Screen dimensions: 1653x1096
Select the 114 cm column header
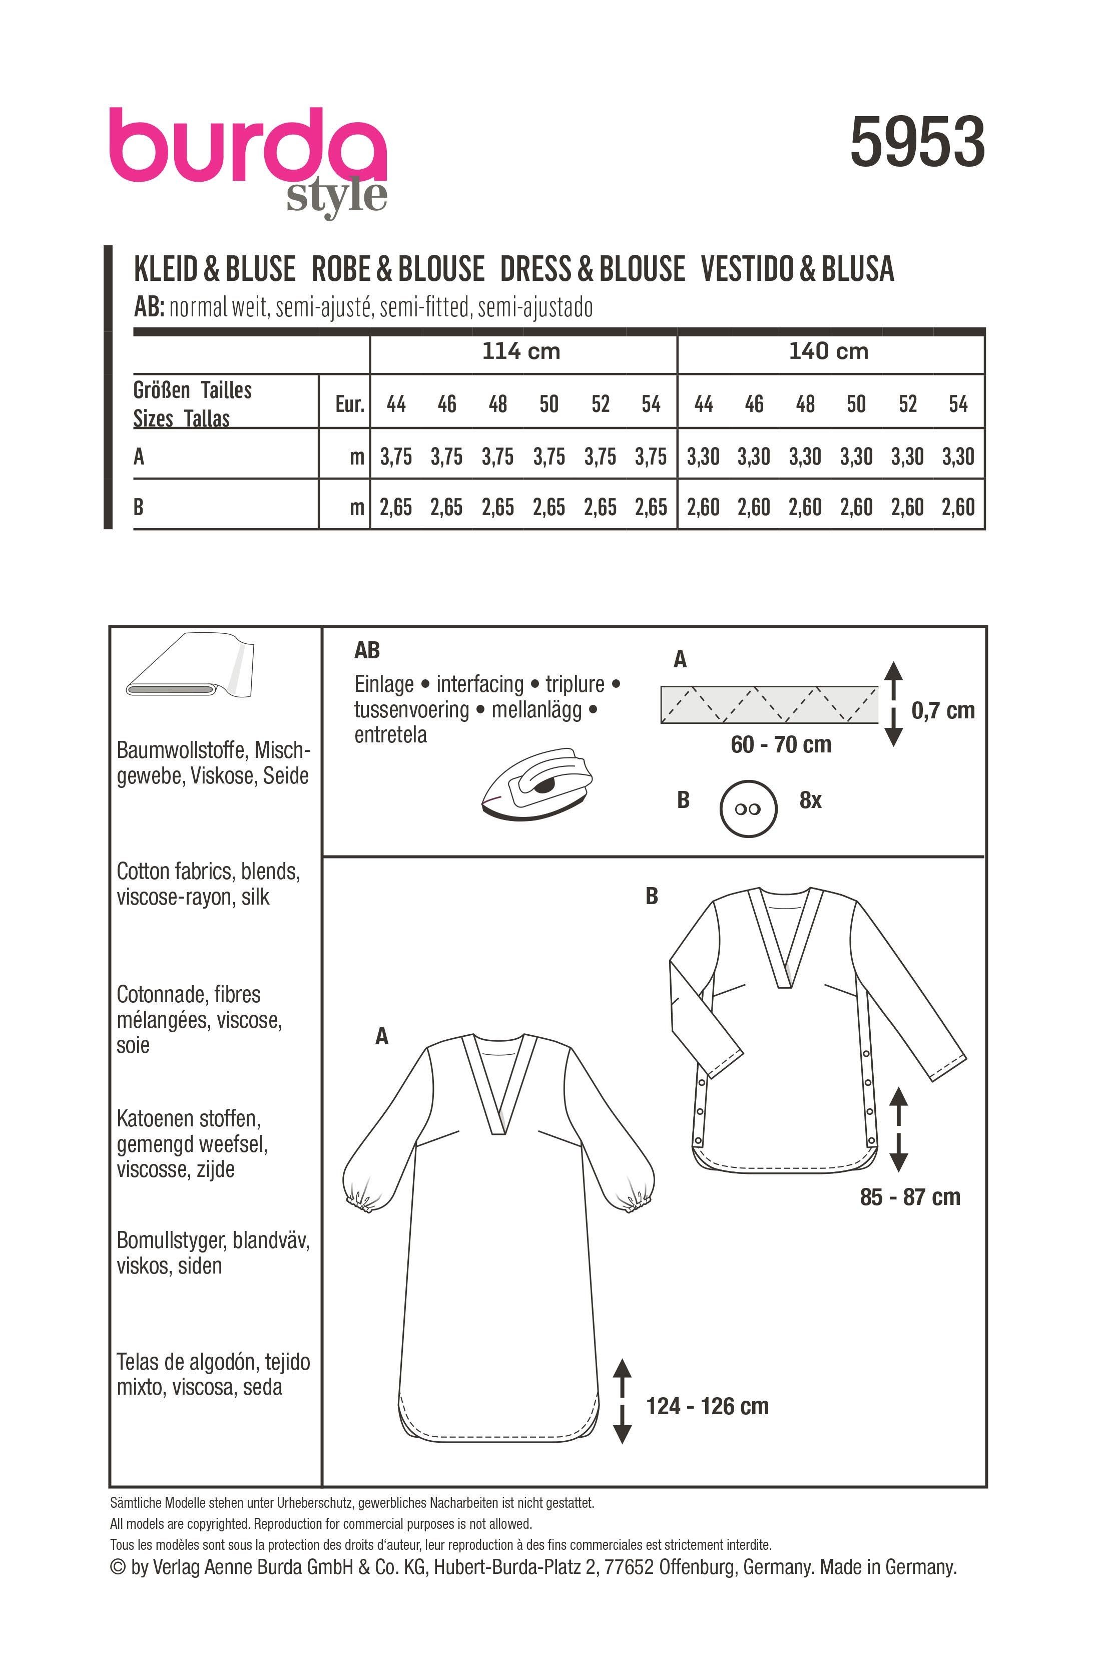521,351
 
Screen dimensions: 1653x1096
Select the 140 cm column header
828,351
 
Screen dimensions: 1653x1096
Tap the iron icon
537,784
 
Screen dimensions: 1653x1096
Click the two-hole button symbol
748,809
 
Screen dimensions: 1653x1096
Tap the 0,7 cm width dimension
942,710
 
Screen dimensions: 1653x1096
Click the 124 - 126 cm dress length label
707,1406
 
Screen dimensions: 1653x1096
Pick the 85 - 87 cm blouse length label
910,1197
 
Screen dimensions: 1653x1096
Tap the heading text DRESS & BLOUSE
593,270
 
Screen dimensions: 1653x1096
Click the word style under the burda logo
337,197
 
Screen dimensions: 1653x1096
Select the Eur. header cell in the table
349,403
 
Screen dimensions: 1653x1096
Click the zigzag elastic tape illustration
769,704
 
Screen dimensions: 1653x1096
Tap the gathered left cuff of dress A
361,1202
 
